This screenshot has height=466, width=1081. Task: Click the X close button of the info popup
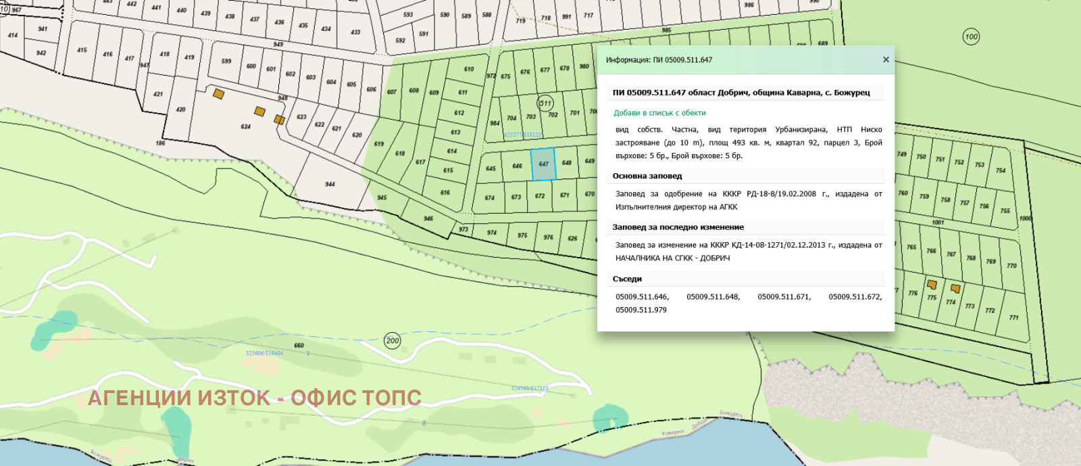pyautogui.click(x=886, y=60)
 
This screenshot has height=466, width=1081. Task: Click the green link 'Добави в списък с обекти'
pyautogui.click(x=659, y=113)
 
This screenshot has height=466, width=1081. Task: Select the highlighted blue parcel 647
pyautogui.click(x=543, y=164)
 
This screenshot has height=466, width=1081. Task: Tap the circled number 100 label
pyautogui.click(x=971, y=37)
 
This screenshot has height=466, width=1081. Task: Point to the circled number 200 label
pyautogui.click(x=393, y=340)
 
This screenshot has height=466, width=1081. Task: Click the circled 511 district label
pyautogui.click(x=545, y=103)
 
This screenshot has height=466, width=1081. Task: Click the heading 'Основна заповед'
pyautogui.click(x=647, y=176)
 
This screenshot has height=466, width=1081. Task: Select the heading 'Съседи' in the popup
pyautogui.click(x=627, y=279)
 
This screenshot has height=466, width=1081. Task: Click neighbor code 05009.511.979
pyautogui.click(x=640, y=310)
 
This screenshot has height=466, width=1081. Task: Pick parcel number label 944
pyautogui.click(x=330, y=184)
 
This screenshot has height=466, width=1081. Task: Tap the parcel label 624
pyautogui.click(x=246, y=126)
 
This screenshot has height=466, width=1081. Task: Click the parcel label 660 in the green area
pyautogui.click(x=299, y=346)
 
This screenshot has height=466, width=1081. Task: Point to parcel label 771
pyautogui.click(x=1013, y=317)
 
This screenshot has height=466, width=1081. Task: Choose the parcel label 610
pyautogui.click(x=469, y=69)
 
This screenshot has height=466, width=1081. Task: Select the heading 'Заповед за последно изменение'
pyautogui.click(x=678, y=227)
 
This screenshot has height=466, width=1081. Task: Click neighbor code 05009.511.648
pyautogui.click(x=713, y=297)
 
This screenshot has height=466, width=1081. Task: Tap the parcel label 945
pyautogui.click(x=382, y=197)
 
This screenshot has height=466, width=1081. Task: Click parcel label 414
pyautogui.click(x=13, y=35)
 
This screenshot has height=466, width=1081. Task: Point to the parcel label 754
pyautogui.click(x=1001, y=170)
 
